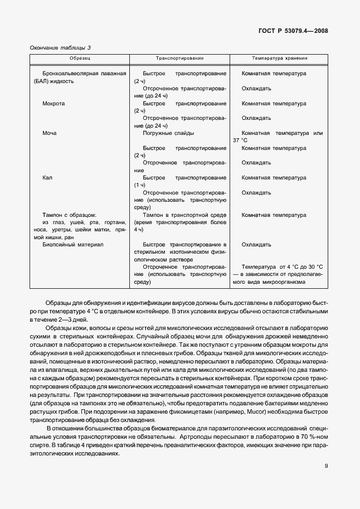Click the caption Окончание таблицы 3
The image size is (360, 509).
(x=60, y=48)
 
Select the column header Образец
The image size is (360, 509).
(x=80, y=58)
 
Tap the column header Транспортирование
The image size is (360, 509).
(x=179, y=58)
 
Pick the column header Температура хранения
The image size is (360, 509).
(x=279, y=58)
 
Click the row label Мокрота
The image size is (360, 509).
(x=53, y=103)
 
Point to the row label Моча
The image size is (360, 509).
(x=50, y=133)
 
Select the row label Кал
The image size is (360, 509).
(x=47, y=178)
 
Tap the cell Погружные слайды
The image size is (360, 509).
(x=168, y=133)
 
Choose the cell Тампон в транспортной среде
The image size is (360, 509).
(x=184, y=215)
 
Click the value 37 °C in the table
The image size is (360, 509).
(x=241, y=140)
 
